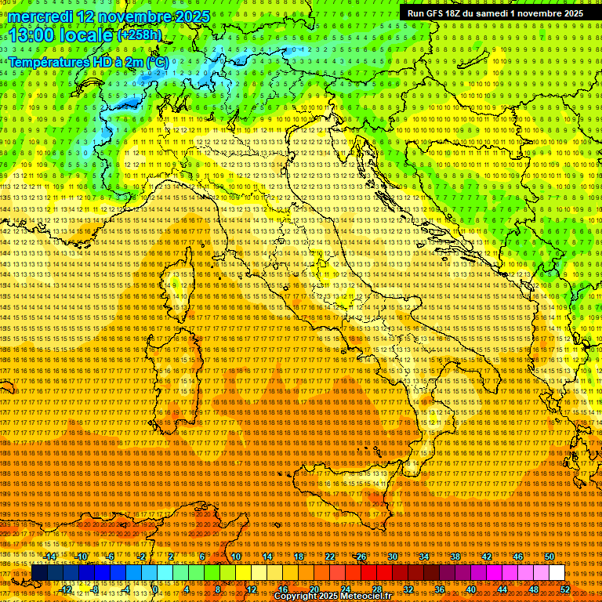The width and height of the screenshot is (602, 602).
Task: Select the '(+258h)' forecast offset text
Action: pyautogui.click(x=140, y=35)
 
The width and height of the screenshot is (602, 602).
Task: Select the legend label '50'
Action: pyautogui.click(x=549, y=557)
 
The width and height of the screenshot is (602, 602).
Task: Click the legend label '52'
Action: pyautogui.click(x=565, y=589)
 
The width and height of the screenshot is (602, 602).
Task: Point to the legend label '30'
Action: pyautogui.click(x=393, y=557)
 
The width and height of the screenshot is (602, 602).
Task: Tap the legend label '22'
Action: pyautogui.click(x=330, y=557)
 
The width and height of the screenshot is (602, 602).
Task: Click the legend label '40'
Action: pyautogui.click(x=471, y=589)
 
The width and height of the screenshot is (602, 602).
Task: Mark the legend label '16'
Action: pyautogui.click(x=283, y=589)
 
